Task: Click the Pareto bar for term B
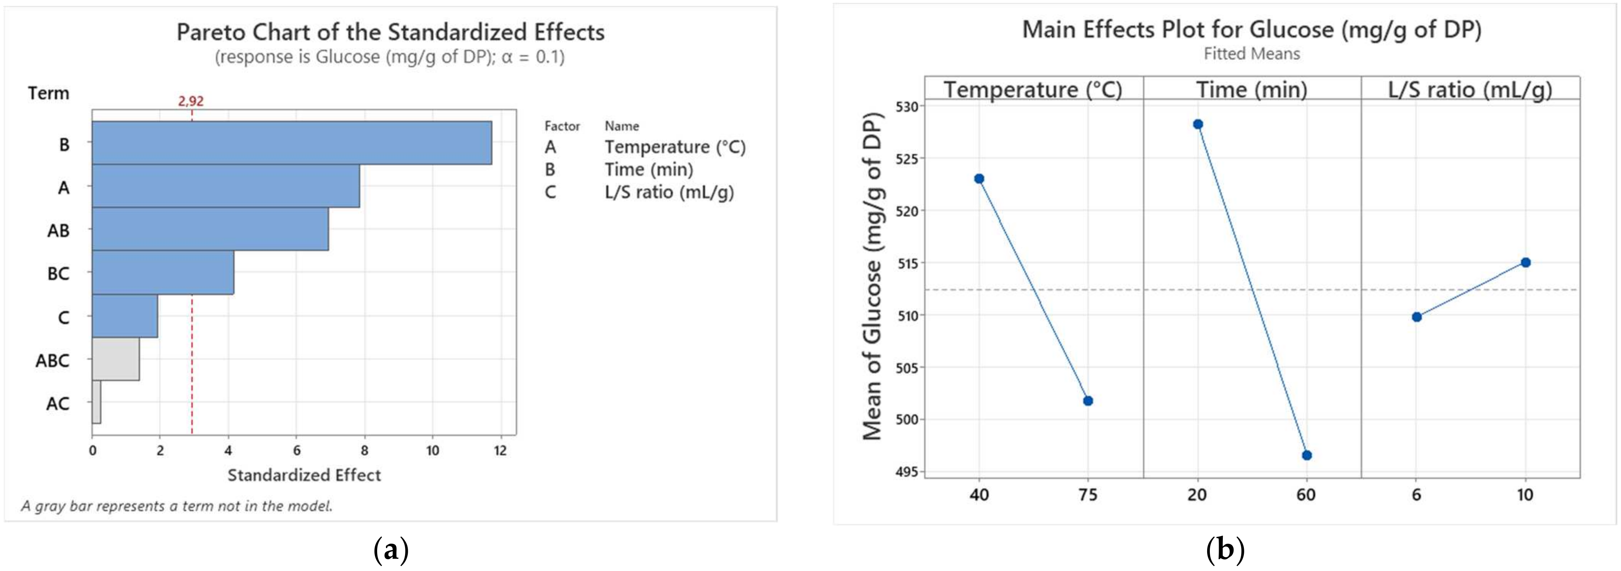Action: click(x=291, y=143)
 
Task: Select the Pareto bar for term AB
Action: click(x=210, y=229)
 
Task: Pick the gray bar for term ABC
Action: click(x=116, y=359)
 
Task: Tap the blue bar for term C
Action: click(x=125, y=316)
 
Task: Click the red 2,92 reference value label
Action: click(x=190, y=101)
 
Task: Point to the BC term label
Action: click(x=59, y=274)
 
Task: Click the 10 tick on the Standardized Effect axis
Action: click(x=432, y=451)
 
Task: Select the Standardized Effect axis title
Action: click(x=304, y=475)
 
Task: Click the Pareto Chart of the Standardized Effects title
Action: click(x=390, y=32)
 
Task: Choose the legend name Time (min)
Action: click(x=649, y=170)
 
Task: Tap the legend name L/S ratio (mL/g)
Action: click(x=669, y=192)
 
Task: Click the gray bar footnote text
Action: click(x=177, y=506)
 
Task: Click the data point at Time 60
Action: click(x=1306, y=455)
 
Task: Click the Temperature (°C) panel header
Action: click(x=1033, y=90)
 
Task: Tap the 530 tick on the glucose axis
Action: click(x=907, y=106)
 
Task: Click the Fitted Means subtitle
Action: click(x=1252, y=54)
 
